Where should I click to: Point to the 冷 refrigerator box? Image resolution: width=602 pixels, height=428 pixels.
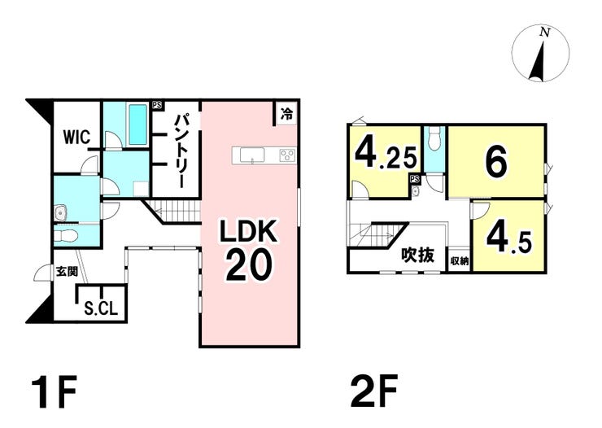tap(286, 113)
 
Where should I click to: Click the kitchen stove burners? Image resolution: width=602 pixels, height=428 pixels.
tap(287, 155)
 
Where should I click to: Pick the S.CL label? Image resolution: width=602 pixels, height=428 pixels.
tap(101, 308)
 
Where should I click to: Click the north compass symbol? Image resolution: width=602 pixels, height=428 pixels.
tap(540, 53)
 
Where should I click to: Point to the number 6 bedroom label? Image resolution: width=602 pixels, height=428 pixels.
tap(495, 163)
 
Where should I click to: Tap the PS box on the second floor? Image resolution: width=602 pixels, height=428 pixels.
tap(415, 179)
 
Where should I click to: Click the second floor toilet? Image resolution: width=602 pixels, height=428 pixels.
tap(434, 139)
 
